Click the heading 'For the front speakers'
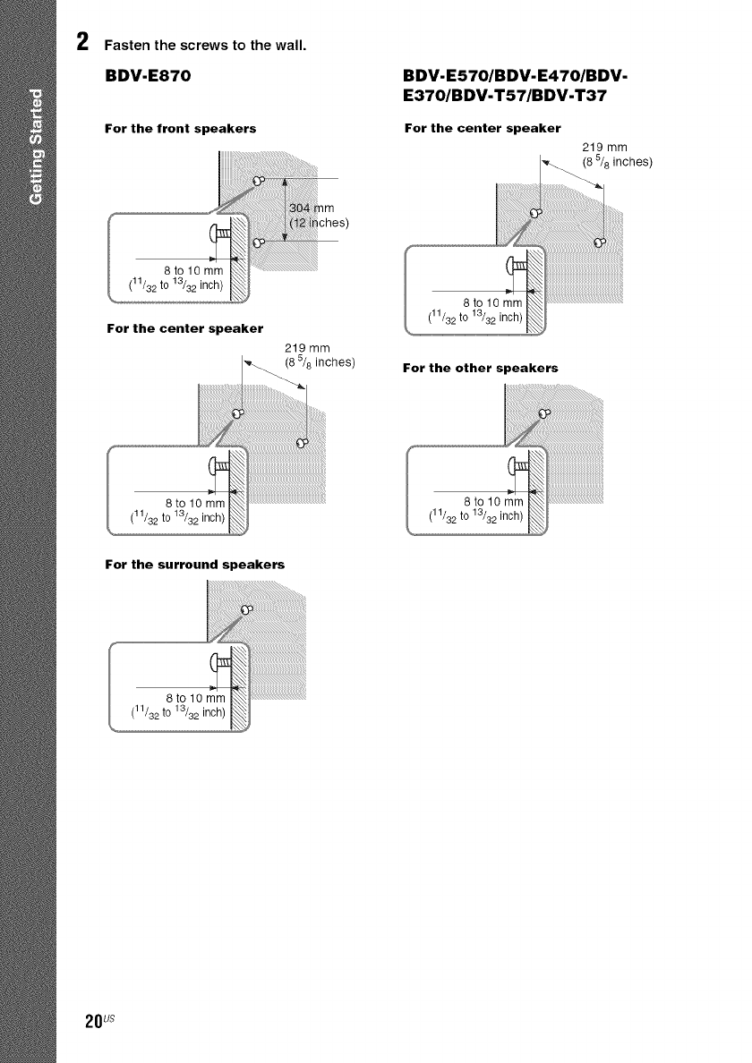[x=181, y=129]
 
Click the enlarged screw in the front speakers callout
[x=216, y=235]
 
